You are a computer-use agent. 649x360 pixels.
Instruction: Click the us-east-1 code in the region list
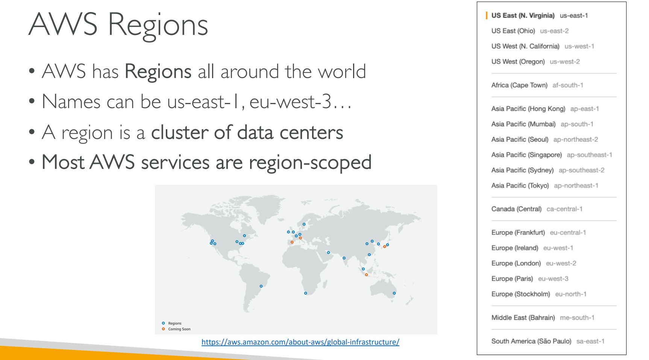[573, 15]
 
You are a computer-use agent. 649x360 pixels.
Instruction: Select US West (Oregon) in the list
[518, 62]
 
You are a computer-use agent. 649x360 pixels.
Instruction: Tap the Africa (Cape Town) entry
[519, 85]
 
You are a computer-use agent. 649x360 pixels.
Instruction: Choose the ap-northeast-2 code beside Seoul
[575, 139]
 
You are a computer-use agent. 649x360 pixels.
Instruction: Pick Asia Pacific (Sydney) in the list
[522, 170]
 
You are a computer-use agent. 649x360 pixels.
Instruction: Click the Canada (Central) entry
[516, 209]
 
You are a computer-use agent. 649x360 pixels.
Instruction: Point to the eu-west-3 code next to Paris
[553, 279]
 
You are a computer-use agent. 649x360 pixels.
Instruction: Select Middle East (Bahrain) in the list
[523, 318]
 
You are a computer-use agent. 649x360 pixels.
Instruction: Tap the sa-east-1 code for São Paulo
[590, 341]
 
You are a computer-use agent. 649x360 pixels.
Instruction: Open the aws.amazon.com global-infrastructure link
[300, 342]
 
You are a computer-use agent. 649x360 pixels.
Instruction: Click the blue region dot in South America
[261, 286]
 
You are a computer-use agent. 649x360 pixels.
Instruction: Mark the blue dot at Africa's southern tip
[305, 293]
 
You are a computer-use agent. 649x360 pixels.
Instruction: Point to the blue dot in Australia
[394, 293]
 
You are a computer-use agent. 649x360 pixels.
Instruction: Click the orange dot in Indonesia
[366, 275]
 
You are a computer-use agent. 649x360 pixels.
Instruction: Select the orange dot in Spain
[292, 242]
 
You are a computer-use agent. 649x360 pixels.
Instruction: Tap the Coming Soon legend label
[179, 329]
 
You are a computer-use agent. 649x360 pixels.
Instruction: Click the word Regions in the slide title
[158, 26]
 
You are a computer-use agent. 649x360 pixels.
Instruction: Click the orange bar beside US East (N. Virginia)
[487, 15]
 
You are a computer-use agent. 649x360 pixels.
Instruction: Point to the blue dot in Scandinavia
[304, 224]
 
